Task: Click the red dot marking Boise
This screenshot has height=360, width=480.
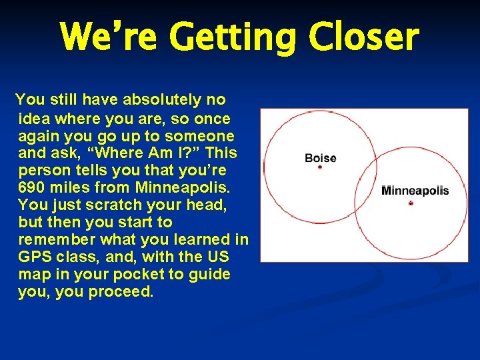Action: [x=320, y=167]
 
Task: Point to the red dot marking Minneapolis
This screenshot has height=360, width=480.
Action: [x=411, y=203]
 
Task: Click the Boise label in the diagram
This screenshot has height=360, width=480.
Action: [x=320, y=158]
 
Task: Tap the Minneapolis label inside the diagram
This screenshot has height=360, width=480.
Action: [x=415, y=191]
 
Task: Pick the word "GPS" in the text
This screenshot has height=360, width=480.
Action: [x=33, y=257]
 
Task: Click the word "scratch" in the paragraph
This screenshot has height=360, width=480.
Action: [x=123, y=205]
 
